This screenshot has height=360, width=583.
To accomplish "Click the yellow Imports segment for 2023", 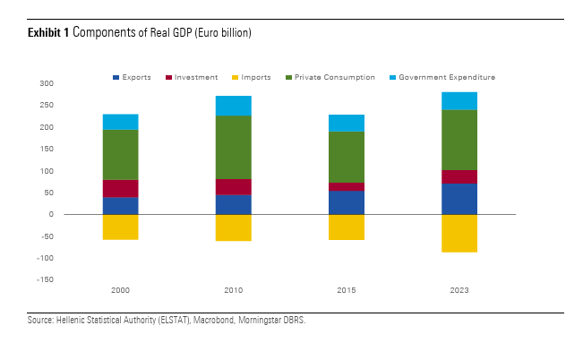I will pos(459,233).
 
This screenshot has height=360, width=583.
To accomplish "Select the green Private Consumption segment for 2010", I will pos(233,147).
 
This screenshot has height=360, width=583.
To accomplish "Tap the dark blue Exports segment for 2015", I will pos(346,202).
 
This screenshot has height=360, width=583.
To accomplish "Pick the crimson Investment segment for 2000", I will pos(120,188).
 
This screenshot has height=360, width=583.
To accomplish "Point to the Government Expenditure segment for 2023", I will pos(459,100).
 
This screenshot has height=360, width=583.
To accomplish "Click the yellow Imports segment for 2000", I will pos(120,227).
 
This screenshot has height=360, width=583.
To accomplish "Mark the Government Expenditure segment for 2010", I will pos(233,106).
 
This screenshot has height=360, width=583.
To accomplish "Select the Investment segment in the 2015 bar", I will pos(346,186).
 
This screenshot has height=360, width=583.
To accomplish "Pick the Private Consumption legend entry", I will pos(332,78).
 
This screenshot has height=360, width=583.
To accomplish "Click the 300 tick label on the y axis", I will pos(72,83).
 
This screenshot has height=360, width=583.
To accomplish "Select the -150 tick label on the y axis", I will pos(70,280).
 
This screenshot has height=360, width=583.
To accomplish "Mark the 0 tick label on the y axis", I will pos(76,215).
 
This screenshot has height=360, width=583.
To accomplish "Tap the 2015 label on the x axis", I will pos(346,291).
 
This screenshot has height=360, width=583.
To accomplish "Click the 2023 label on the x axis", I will pos(459,291).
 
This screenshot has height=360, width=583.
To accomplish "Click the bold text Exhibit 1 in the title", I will pos(48,32).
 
